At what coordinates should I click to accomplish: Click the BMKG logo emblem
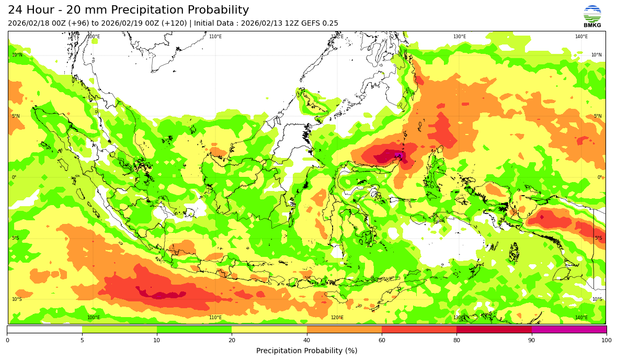[x=592, y=14]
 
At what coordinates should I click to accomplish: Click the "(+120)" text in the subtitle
[x=176, y=24]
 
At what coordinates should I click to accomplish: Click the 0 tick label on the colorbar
[x=7, y=341]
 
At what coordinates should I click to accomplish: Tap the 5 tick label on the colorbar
[x=82, y=341]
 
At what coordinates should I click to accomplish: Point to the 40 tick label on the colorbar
[x=307, y=341]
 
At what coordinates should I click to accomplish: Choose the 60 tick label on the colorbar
[x=382, y=341]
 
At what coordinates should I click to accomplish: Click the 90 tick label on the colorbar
[x=532, y=341]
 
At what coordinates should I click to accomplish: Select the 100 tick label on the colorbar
[x=606, y=341]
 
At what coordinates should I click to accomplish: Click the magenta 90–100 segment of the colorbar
[x=569, y=330]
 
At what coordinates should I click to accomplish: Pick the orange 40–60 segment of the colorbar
[x=344, y=330]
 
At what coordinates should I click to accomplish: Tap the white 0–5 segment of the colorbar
[x=44, y=330]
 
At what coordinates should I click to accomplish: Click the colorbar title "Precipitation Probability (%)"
[x=307, y=351]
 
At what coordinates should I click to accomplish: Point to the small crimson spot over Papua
[x=541, y=217]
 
